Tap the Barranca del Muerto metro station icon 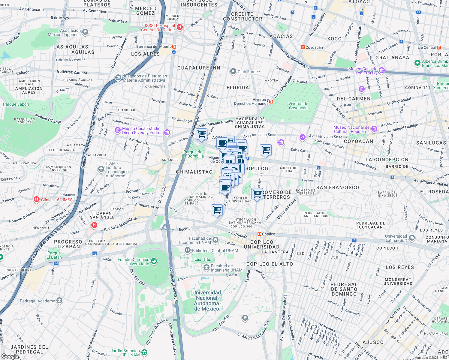click(x=174, y=47)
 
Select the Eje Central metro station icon click(x=439, y=47)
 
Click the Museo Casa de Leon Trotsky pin click(x=382, y=71)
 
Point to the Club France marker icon click(x=233, y=72)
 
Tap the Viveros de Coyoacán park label click(x=298, y=106)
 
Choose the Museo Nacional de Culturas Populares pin click(x=374, y=129)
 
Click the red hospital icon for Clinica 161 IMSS click(x=37, y=199)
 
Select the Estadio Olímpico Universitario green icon click(x=154, y=261)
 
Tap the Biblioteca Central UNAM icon click(x=188, y=250)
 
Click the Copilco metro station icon click(x=259, y=234)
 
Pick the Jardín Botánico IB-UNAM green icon click(x=144, y=352)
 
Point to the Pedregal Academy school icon click(x=59, y=301)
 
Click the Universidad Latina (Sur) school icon click(x=412, y=238)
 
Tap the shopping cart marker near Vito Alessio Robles click(x=201, y=134)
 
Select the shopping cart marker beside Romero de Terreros click(x=257, y=194)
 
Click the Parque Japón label click(x=16, y=104)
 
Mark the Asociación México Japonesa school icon click(x=85, y=32)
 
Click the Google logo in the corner click(x=10, y=356)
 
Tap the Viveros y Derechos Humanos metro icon click(x=271, y=102)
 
